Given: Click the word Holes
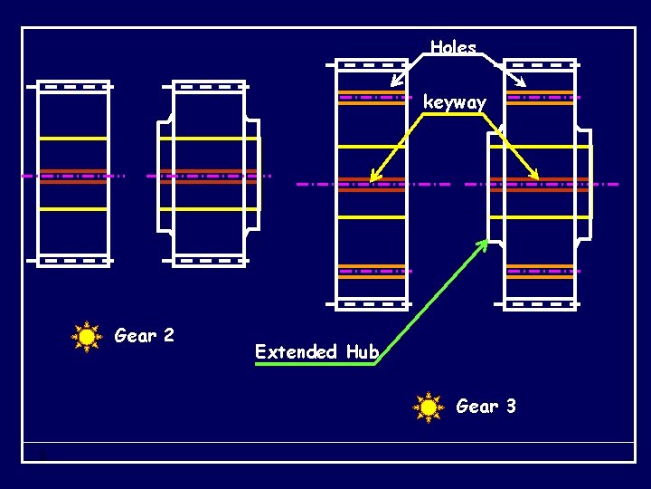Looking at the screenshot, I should coord(453,47).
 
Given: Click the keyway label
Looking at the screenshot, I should coord(455,102).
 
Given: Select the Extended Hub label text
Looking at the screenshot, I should coord(316,351).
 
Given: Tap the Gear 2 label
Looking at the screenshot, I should coord(145,336).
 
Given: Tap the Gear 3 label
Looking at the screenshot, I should coord(486,407).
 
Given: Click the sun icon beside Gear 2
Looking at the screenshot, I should coord(86,337).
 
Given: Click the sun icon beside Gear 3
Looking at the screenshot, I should coord(428,407).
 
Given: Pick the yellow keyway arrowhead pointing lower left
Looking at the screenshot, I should coord(373,176).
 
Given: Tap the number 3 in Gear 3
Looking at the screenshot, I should coord(511,407).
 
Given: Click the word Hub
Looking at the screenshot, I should coord(362,351).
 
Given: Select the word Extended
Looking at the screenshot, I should coord(296,351).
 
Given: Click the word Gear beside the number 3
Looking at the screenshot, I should coord(476,407).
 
